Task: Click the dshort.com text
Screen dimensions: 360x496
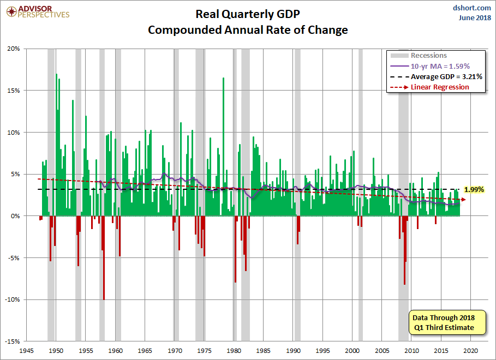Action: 468,8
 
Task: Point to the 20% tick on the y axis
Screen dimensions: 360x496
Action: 13,49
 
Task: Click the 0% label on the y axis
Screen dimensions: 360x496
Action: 15,216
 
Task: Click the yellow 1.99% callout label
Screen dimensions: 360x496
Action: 474,190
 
